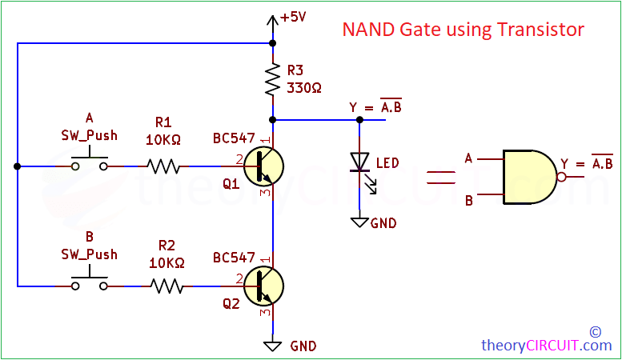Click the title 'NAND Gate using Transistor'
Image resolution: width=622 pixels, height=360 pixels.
(x=463, y=30)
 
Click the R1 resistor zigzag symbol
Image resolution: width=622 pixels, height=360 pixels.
(x=163, y=166)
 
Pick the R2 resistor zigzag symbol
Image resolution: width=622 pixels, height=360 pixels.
(x=167, y=285)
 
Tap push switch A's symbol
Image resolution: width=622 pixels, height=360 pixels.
(x=90, y=162)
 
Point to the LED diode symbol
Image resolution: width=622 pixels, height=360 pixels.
(x=359, y=162)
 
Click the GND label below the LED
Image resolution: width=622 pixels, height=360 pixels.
(x=383, y=223)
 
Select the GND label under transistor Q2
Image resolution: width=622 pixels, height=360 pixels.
(x=303, y=346)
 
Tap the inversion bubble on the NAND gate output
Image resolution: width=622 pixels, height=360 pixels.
(x=563, y=177)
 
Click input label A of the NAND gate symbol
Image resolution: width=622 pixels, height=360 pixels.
(x=468, y=158)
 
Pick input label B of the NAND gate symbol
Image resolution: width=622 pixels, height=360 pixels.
(x=468, y=199)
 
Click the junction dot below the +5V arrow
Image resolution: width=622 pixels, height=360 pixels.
(x=273, y=43)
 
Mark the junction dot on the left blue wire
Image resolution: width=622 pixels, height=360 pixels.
(x=17, y=166)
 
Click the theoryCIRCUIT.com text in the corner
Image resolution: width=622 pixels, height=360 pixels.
(x=546, y=346)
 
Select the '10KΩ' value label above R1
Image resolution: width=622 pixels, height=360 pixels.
(x=163, y=139)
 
